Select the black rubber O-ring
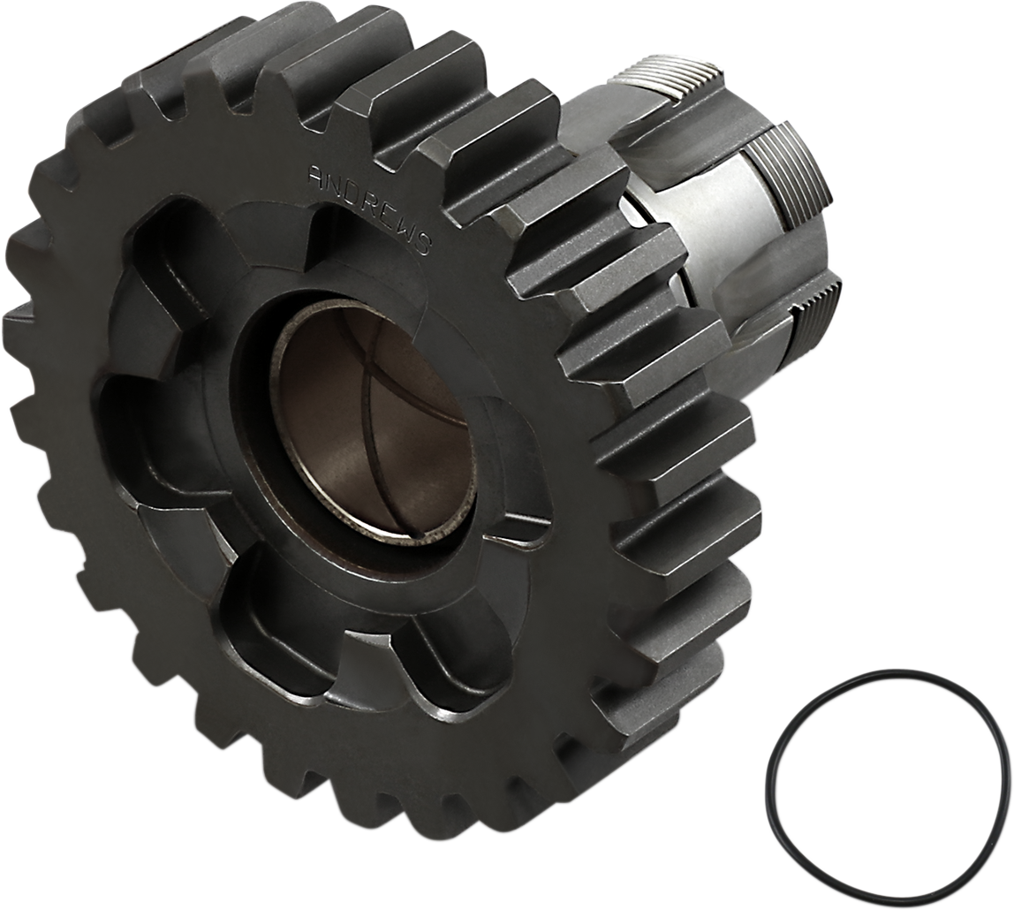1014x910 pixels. coord(777,751)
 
